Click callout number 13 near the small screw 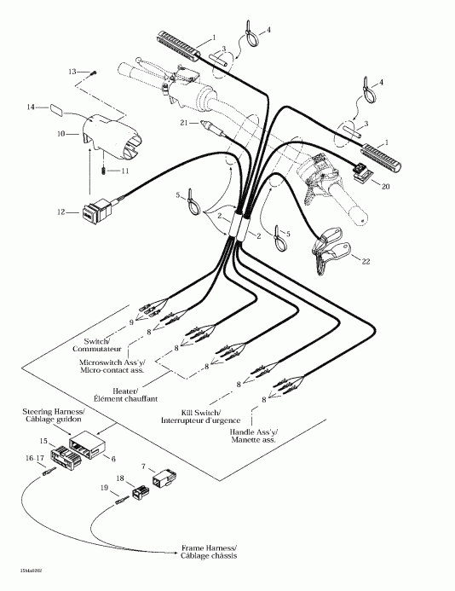click(72, 71)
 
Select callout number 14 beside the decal click(31, 107)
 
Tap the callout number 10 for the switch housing click(60, 134)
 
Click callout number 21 click(183, 125)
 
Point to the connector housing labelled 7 click(164, 482)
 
